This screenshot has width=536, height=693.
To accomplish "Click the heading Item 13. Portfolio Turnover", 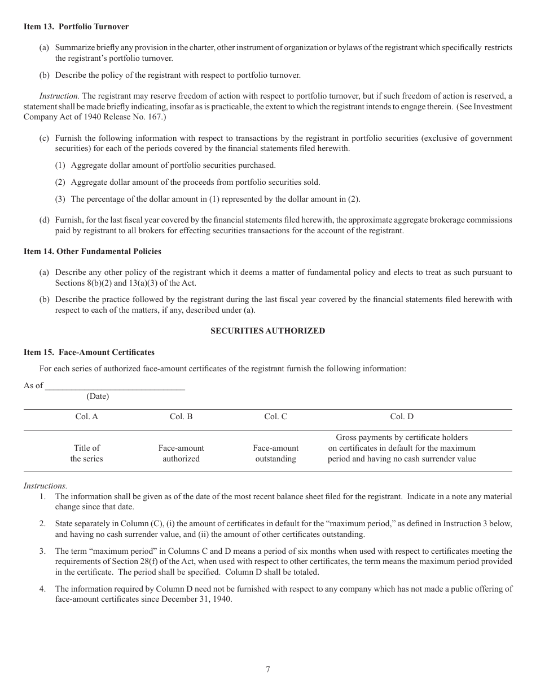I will (x=76, y=26).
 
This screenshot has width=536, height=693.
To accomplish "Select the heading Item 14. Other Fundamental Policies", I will (x=93, y=251).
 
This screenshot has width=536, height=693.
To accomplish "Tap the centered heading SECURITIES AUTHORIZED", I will (x=267, y=331).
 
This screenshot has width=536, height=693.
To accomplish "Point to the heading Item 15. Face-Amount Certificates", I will (x=89, y=352).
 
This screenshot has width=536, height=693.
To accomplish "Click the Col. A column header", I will (x=86, y=416).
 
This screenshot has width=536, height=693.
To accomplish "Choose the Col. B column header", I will (x=181, y=416).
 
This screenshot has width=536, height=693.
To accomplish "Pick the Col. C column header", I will (x=275, y=416).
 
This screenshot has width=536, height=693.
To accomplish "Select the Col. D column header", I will (x=402, y=416).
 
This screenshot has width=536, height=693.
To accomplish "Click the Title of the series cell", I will (x=86, y=454).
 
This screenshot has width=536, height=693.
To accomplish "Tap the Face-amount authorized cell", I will (x=181, y=454).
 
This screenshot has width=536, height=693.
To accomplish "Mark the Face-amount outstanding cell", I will (x=275, y=454).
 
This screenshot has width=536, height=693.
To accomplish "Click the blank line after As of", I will (x=115, y=387).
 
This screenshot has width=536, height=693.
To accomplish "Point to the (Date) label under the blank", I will (x=98, y=396).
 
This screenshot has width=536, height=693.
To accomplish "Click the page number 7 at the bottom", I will (x=268, y=669).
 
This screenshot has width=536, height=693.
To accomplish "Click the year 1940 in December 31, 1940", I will (x=221, y=599).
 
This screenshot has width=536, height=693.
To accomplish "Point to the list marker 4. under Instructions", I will (x=42, y=589).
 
